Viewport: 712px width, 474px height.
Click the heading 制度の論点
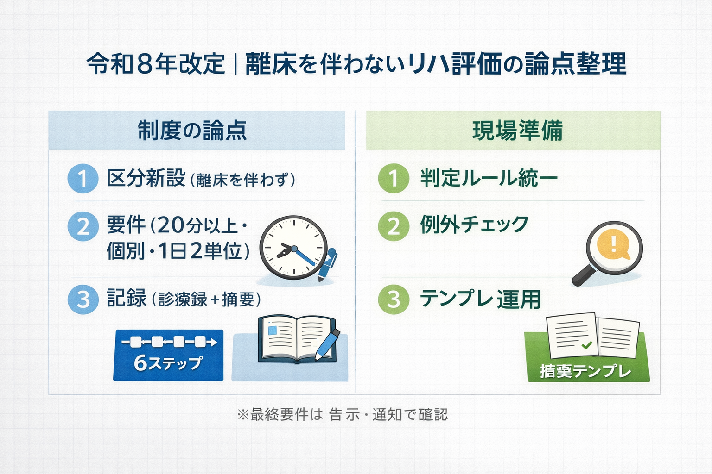point(192,130)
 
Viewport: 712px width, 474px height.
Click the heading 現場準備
point(517,130)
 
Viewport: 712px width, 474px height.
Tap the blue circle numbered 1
point(83,179)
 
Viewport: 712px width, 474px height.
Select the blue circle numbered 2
point(83,227)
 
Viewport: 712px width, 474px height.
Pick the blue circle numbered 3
point(83,299)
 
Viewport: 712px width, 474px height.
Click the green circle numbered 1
point(394,179)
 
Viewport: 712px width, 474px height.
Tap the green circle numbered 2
point(394,227)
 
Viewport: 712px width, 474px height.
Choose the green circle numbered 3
point(394,299)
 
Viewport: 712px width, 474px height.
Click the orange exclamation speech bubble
point(614,244)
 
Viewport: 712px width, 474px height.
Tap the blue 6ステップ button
point(168,355)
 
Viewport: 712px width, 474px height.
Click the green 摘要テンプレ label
point(586,371)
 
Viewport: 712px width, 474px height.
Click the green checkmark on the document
point(586,345)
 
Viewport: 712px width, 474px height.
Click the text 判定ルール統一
point(489,179)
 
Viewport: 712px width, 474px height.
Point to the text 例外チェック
point(474,225)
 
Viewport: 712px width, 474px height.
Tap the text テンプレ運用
point(480,299)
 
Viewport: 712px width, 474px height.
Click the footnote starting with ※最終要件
point(342,414)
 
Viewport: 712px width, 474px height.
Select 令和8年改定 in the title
point(156,64)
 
